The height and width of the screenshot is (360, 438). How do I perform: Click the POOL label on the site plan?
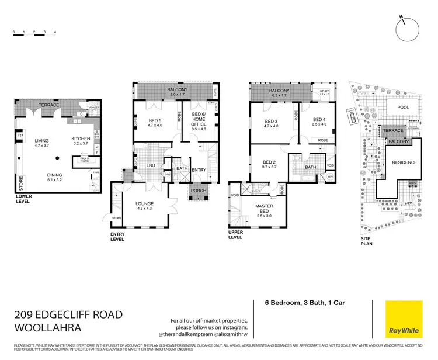coord(404,108)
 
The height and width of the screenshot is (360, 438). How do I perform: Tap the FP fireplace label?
coord(19,137)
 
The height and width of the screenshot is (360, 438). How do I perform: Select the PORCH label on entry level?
coord(197,192)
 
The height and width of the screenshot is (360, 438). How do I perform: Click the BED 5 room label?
coord(154,122)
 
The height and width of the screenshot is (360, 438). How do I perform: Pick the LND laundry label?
coord(150,165)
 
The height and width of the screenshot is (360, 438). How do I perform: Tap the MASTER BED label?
coord(268,207)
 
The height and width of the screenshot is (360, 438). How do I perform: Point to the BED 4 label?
coord(318,121)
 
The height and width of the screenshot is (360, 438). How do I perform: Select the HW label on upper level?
coord(331,177)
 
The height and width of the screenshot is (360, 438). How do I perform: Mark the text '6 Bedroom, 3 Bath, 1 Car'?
coord(296,303)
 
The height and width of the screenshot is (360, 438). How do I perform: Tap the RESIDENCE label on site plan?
coord(404,162)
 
